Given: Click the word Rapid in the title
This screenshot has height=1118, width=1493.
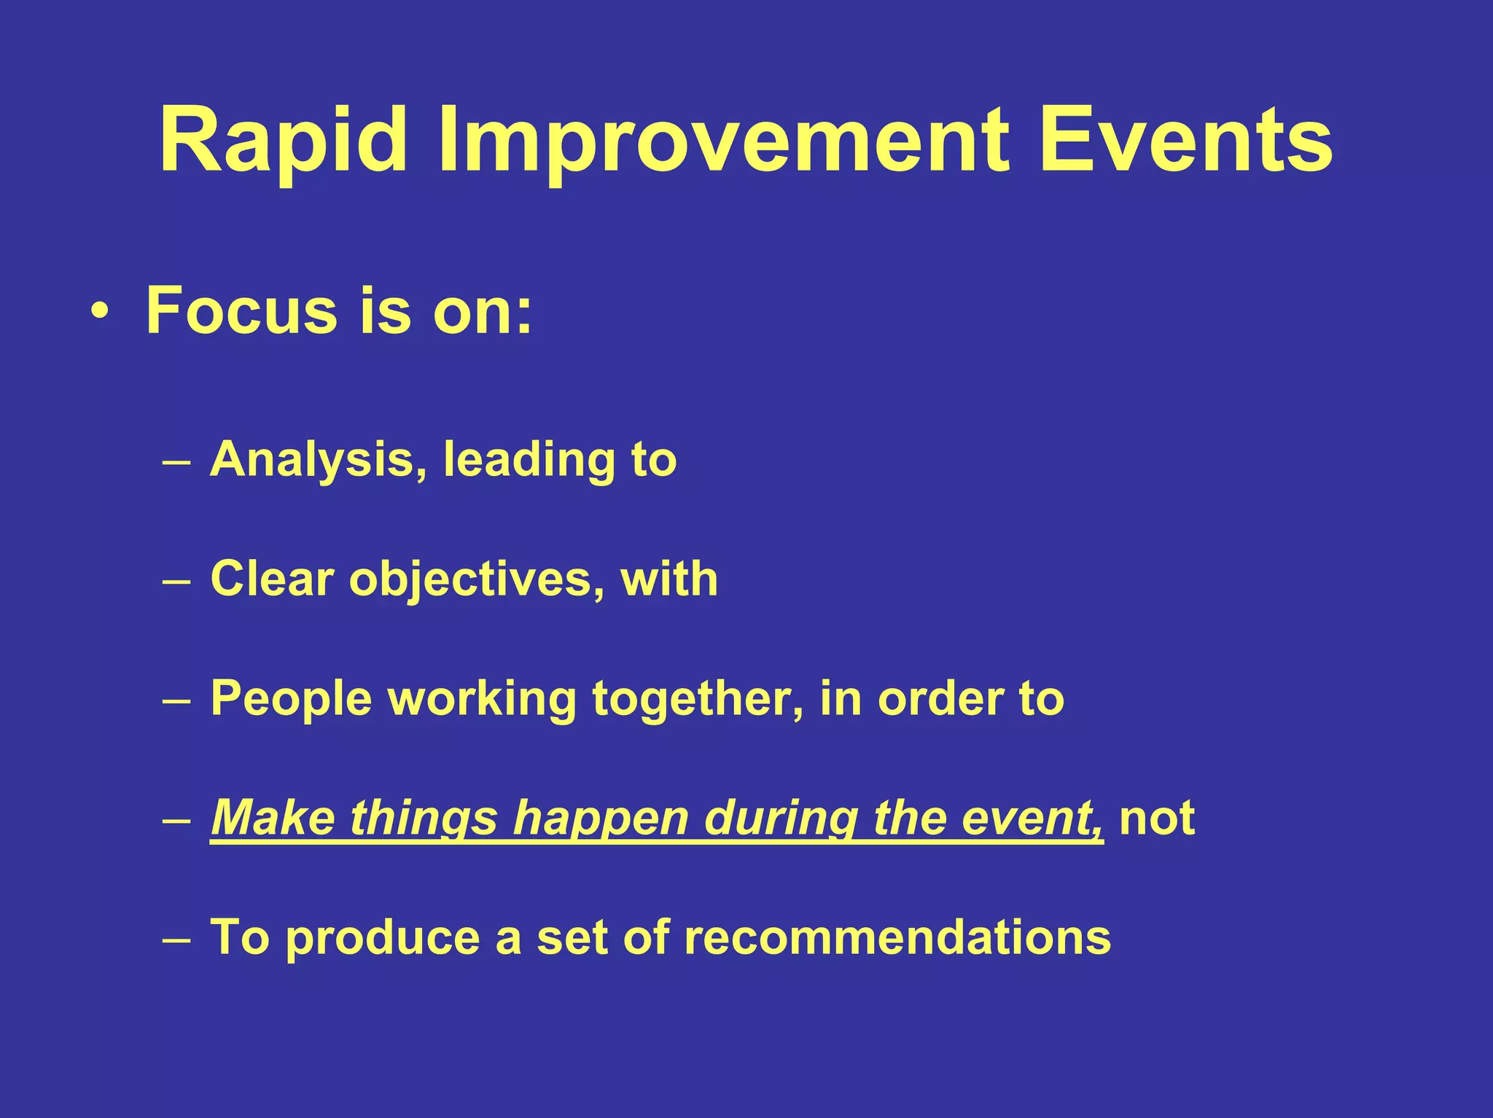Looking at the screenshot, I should tap(283, 140).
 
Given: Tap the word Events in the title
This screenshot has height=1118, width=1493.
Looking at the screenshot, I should tap(1186, 140).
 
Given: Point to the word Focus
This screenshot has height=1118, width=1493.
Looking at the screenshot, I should tap(242, 310).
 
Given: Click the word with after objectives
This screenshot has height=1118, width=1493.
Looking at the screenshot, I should tap(669, 579).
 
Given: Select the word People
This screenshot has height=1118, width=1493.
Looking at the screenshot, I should tap(292, 698).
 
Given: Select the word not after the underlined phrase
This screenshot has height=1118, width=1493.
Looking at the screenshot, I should tap(1157, 818).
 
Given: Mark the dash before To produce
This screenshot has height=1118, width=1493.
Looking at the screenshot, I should tap(176, 939).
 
